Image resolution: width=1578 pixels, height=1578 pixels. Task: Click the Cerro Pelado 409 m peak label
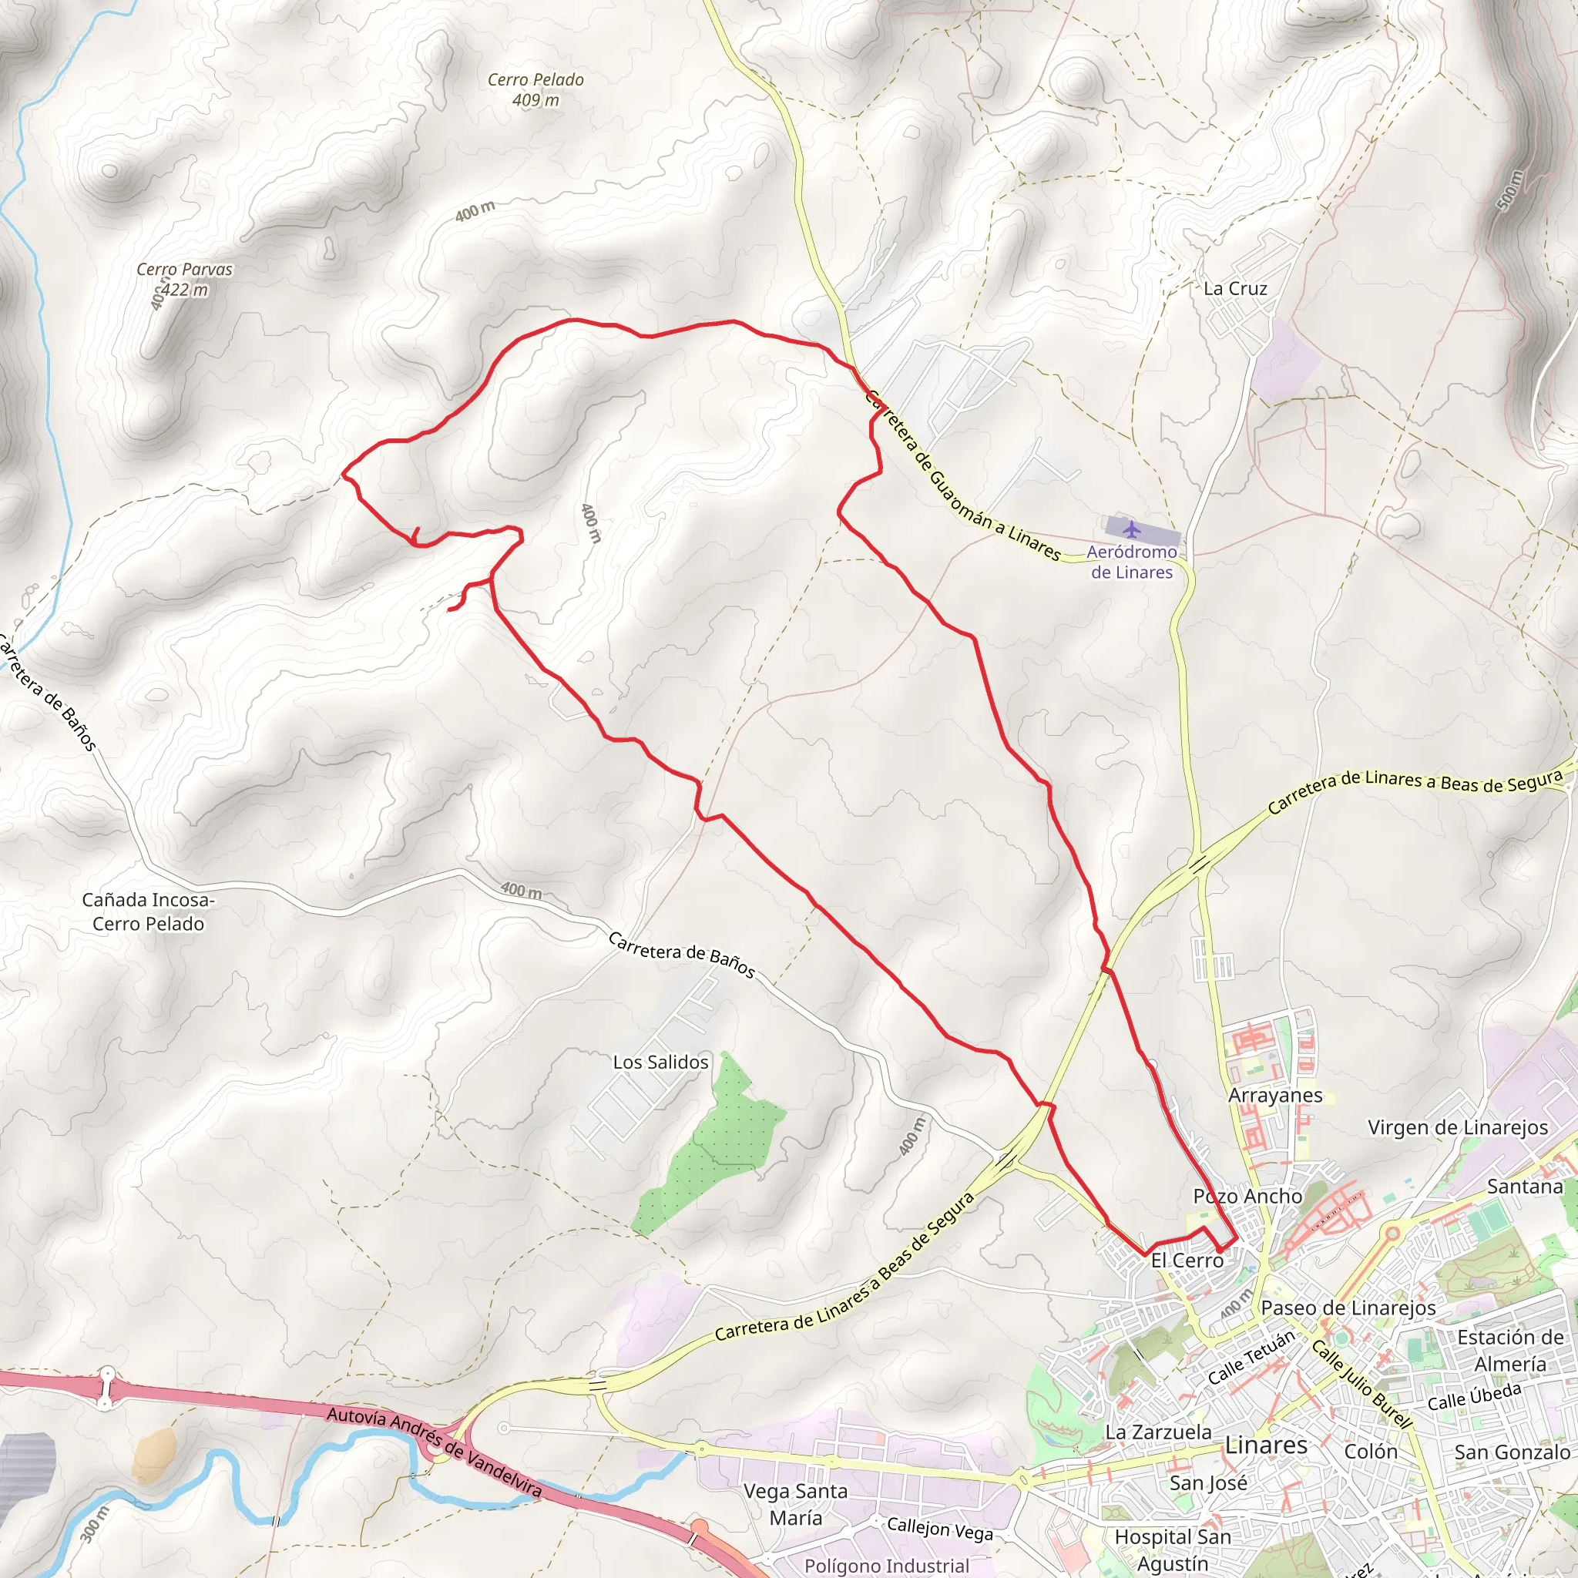[x=536, y=90]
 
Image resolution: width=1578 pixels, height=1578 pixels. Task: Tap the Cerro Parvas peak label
[x=185, y=278]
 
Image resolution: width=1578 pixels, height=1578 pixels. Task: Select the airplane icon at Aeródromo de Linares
[x=1131, y=529]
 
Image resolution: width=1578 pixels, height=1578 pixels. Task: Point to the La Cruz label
[x=1235, y=288]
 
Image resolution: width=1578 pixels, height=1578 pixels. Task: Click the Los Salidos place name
[x=661, y=1062]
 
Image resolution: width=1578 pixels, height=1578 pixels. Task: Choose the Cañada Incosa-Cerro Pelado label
[x=148, y=912]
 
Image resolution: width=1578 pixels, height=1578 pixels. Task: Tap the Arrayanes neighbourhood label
[x=1275, y=1096]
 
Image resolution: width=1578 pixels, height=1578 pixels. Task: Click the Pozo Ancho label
[x=1247, y=1196]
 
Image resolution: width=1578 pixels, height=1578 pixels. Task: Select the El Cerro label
[x=1187, y=1261]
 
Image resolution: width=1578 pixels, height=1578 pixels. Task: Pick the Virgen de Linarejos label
[x=1458, y=1127]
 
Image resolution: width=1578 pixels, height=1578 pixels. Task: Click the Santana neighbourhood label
[x=1524, y=1186]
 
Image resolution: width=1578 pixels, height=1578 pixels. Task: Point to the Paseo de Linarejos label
[x=1348, y=1308]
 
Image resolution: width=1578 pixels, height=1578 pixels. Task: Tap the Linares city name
[x=1266, y=1445]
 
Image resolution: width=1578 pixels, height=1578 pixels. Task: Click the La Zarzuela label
[x=1158, y=1432]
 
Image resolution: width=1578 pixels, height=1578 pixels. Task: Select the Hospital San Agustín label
[x=1173, y=1549]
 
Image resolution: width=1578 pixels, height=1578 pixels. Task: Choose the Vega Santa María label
[x=794, y=1504]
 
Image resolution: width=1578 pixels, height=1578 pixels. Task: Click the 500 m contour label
[x=1510, y=190]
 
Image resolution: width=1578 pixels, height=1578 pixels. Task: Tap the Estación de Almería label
[x=1509, y=1350]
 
